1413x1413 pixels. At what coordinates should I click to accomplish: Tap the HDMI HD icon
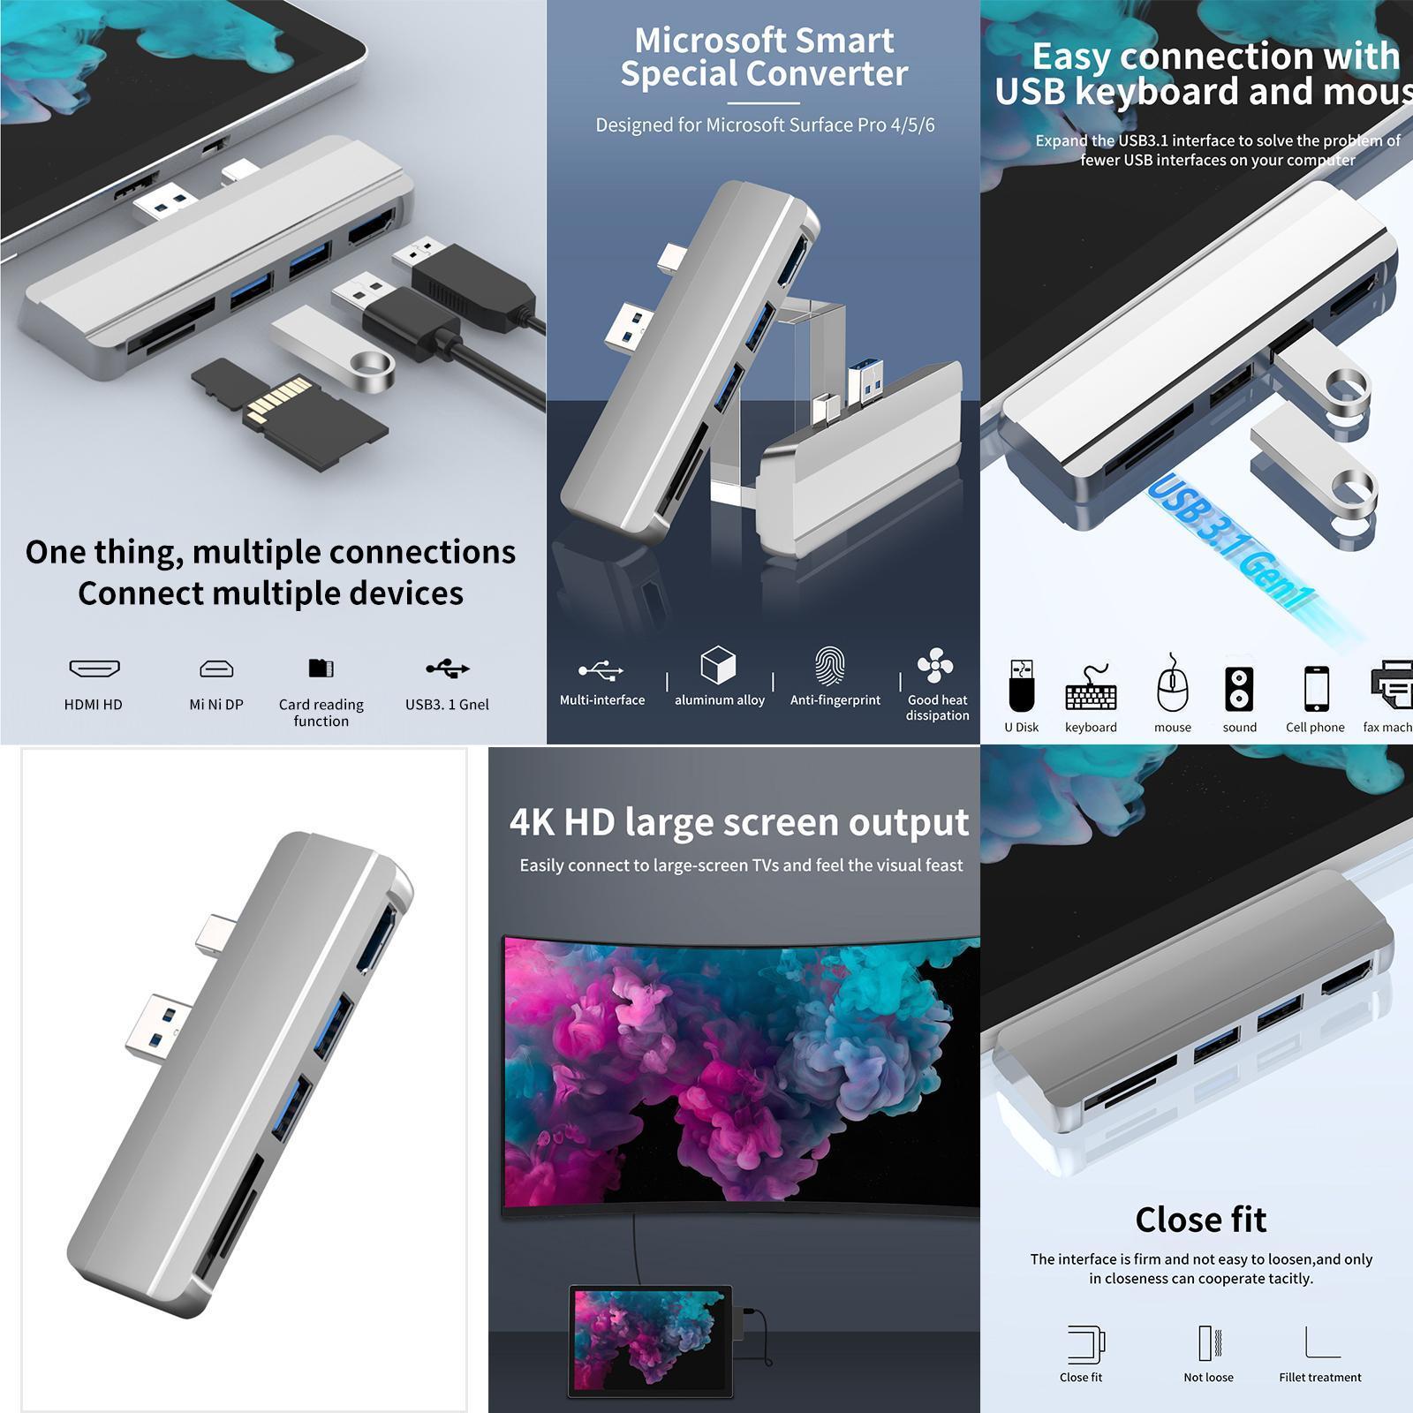(94, 669)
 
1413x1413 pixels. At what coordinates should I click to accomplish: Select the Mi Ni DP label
(216, 705)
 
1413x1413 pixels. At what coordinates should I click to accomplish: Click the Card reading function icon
(321, 669)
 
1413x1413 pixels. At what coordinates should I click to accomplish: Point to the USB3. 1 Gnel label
(447, 705)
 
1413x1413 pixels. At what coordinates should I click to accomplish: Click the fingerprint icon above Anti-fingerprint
(829, 667)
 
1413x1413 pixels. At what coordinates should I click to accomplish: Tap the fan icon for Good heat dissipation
(935, 666)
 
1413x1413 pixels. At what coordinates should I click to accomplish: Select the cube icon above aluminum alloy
(718, 665)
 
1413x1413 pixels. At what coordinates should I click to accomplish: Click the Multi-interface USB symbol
(601, 670)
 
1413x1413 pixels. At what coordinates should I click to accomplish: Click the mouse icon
(1172, 686)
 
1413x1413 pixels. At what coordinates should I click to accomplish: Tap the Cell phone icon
(1316, 688)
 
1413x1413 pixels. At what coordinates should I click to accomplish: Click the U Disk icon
(1021, 686)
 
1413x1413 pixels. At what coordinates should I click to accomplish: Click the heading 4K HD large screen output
(738, 822)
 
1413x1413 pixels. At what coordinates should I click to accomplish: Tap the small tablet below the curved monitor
(651, 1341)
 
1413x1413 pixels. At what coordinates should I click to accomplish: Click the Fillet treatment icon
(1321, 1342)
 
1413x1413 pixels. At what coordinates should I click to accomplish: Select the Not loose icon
(1208, 1342)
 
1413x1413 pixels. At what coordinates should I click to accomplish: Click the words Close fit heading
(1200, 1220)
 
